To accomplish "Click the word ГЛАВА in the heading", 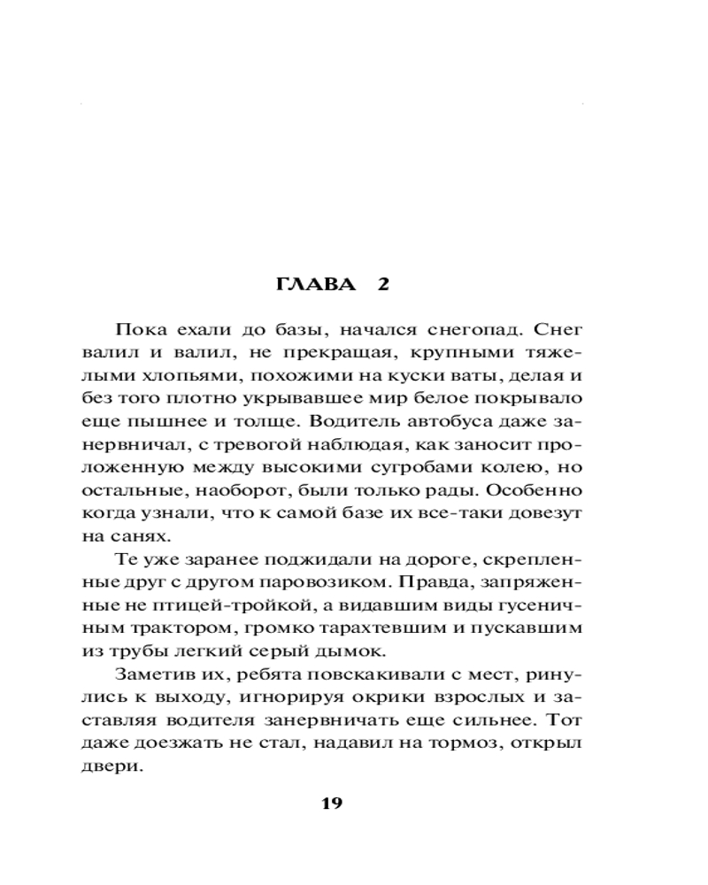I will point(309,285).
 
